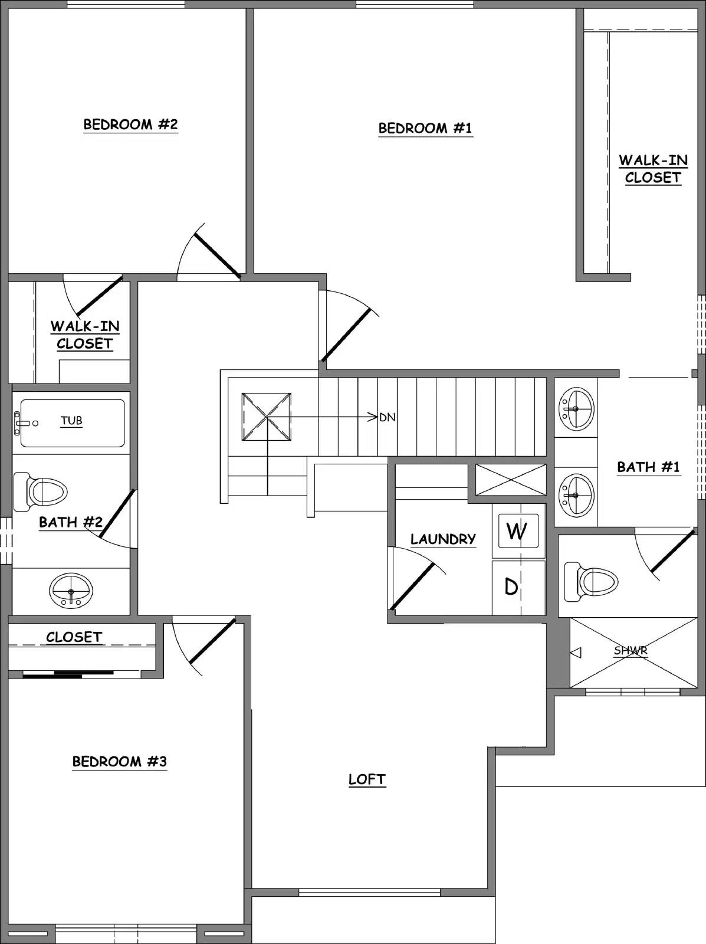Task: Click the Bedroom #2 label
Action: pyautogui.click(x=130, y=124)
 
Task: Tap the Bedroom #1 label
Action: pyautogui.click(x=425, y=128)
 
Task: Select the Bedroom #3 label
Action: pyautogui.click(x=120, y=762)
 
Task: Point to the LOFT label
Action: pyautogui.click(x=367, y=779)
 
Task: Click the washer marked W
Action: pyautogui.click(x=517, y=531)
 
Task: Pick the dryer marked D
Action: pyautogui.click(x=512, y=587)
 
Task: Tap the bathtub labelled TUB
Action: pyautogui.click(x=71, y=422)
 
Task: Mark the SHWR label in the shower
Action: pyautogui.click(x=631, y=651)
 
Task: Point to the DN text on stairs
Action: pyautogui.click(x=387, y=417)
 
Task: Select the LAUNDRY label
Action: pyautogui.click(x=443, y=539)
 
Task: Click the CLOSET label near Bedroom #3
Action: pyautogui.click(x=74, y=637)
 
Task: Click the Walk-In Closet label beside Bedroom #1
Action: pyautogui.click(x=653, y=169)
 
